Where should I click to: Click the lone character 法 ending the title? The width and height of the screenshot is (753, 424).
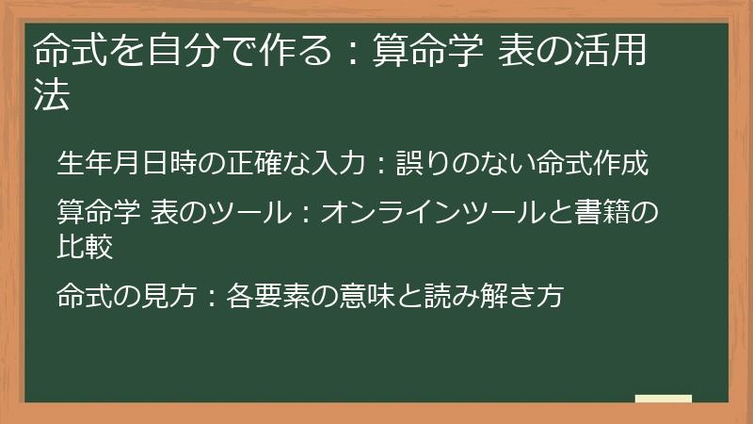(52, 95)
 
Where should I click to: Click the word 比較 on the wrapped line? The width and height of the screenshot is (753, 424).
(86, 246)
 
